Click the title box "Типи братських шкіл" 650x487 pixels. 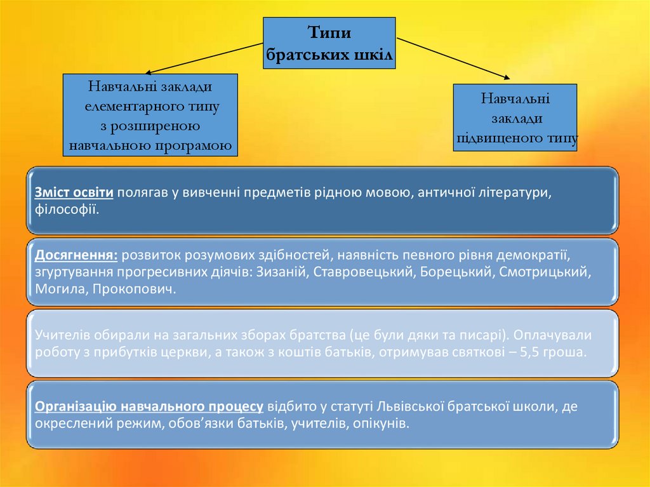(329, 44)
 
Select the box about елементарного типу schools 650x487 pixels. (150, 115)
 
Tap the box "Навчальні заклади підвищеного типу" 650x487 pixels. (515, 117)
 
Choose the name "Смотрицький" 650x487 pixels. (545, 272)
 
